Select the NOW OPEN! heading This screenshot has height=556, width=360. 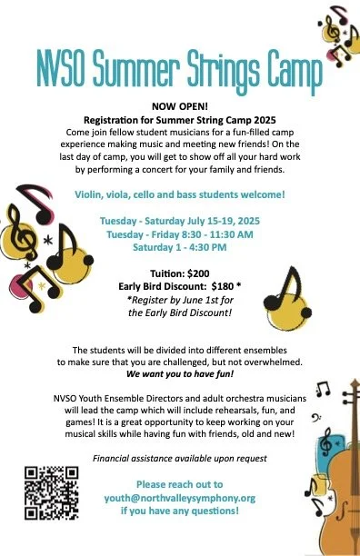pyautogui.click(x=179, y=105)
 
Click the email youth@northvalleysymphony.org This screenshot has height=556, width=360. pyautogui.click(x=179, y=498)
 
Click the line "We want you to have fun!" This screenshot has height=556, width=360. pyautogui.click(x=179, y=374)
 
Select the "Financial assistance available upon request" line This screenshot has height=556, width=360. pyautogui.click(x=179, y=458)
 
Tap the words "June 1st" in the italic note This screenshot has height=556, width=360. pyautogui.click(x=201, y=299)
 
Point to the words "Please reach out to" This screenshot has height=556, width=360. pyautogui.click(x=179, y=484)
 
